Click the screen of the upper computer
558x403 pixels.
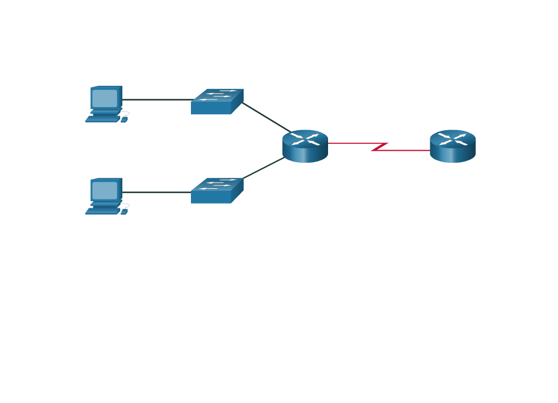click(x=105, y=98)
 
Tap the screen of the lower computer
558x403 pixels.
click(x=105, y=191)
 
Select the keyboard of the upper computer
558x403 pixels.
click(x=103, y=119)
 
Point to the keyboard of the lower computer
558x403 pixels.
click(x=103, y=211)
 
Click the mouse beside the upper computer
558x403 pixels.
click(x=124, y=120)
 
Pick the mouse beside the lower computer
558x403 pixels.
click(x=124, y=212)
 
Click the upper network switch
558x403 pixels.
click(x=216, y=103)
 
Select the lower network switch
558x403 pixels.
click(x=216, y=192)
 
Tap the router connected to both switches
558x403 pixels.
click(x=305, y=146)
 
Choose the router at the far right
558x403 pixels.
click(x=453, y=146)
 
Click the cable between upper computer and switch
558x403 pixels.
click(x=157, y=99)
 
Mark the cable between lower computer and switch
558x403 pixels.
click(x=157, y=192)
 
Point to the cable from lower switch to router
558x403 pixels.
click(x=265, y=167)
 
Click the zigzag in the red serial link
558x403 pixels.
click(x=379, y=147)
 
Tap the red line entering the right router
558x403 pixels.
click(x=408, y=150)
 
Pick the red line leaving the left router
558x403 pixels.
click(x=349, y=143)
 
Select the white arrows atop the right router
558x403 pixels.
click(x=453, y=139)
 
